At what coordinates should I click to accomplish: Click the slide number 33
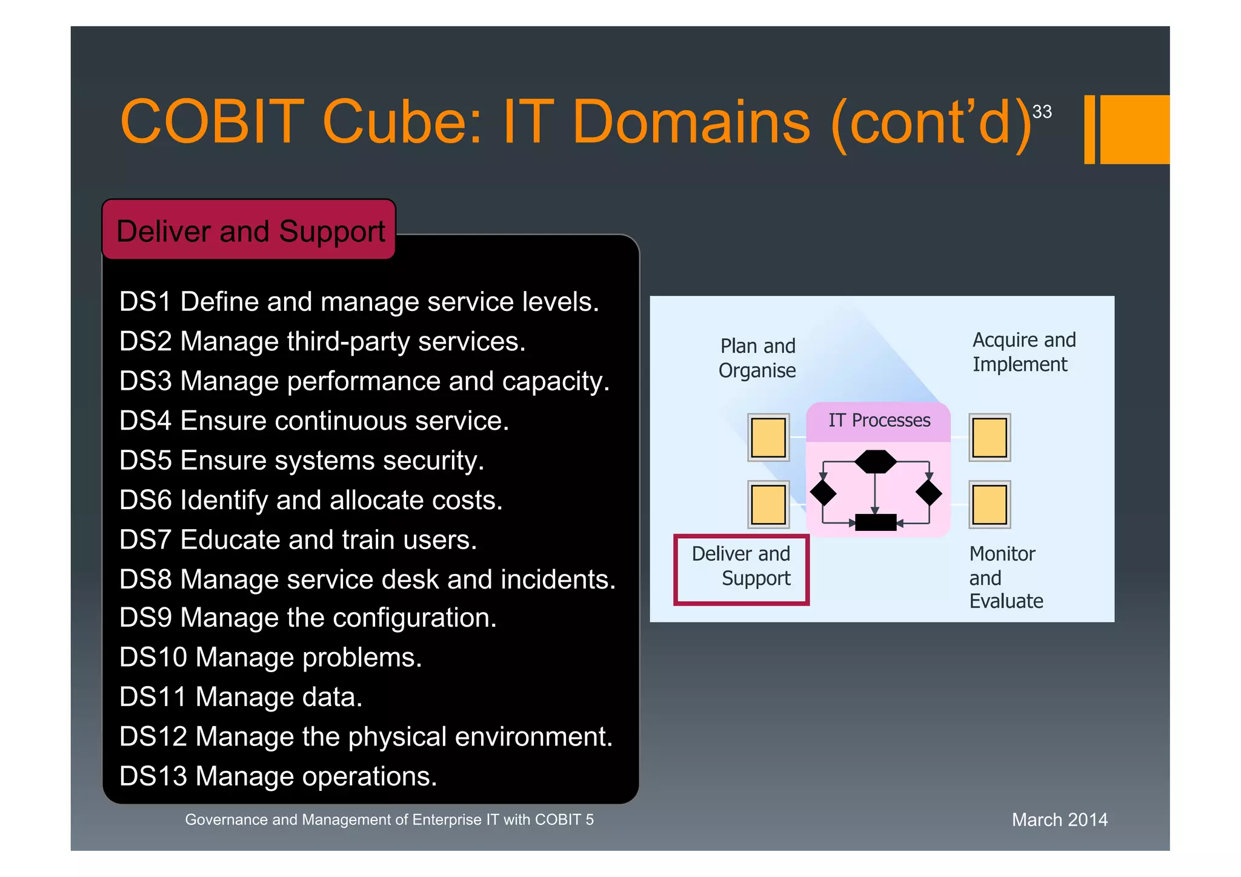1042,112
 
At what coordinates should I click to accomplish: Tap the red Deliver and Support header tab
250,231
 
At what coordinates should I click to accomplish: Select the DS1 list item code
145,302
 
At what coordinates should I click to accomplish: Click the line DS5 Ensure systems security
301,461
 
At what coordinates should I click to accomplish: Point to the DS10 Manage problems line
270,658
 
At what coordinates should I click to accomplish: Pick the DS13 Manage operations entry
278,776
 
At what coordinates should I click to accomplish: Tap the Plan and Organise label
757,358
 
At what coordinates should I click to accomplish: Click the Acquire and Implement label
1023,352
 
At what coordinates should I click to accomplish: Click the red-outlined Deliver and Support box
741,569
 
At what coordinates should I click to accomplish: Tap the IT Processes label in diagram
879,420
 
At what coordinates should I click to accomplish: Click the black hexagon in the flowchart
875,462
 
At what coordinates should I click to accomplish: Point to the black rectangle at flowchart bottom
875,522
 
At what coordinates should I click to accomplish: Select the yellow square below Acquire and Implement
989,438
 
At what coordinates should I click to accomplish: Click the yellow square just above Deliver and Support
768,504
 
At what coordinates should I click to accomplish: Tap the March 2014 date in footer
1059,820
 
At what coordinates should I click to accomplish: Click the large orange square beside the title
1134,129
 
